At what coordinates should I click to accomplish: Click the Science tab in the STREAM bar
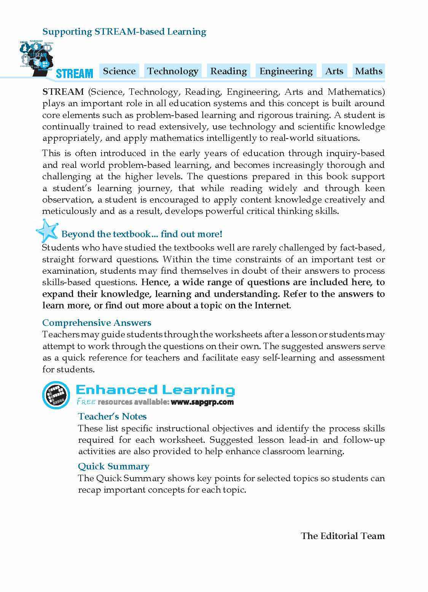coord(119,71)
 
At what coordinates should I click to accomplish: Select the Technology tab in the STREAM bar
coord(173,71)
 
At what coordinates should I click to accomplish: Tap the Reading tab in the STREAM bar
coord(228,71)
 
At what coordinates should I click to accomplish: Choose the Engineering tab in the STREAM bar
coord(286,71)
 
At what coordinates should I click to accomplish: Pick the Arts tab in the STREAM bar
coord(334,71)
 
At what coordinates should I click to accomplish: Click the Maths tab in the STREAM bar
coord(368,71)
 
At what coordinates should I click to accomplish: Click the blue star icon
coord(47,231)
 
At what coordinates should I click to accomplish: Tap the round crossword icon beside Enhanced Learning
coord(56,394)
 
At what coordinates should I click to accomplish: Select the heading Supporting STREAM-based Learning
coord(124,32)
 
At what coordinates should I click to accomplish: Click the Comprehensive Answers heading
coord(97,323)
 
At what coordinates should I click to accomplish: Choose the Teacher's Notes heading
coord(112,416)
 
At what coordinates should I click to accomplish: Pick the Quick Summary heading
coord(113,466)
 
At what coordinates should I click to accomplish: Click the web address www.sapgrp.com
coord(202,402)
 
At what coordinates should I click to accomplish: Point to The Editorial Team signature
coord(342,536)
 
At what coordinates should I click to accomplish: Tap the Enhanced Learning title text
coord(155,390)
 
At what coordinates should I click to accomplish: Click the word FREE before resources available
coord(86,402)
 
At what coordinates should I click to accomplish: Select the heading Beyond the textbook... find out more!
coord(142,234)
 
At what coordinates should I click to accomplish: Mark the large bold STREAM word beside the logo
coord(75,73)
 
